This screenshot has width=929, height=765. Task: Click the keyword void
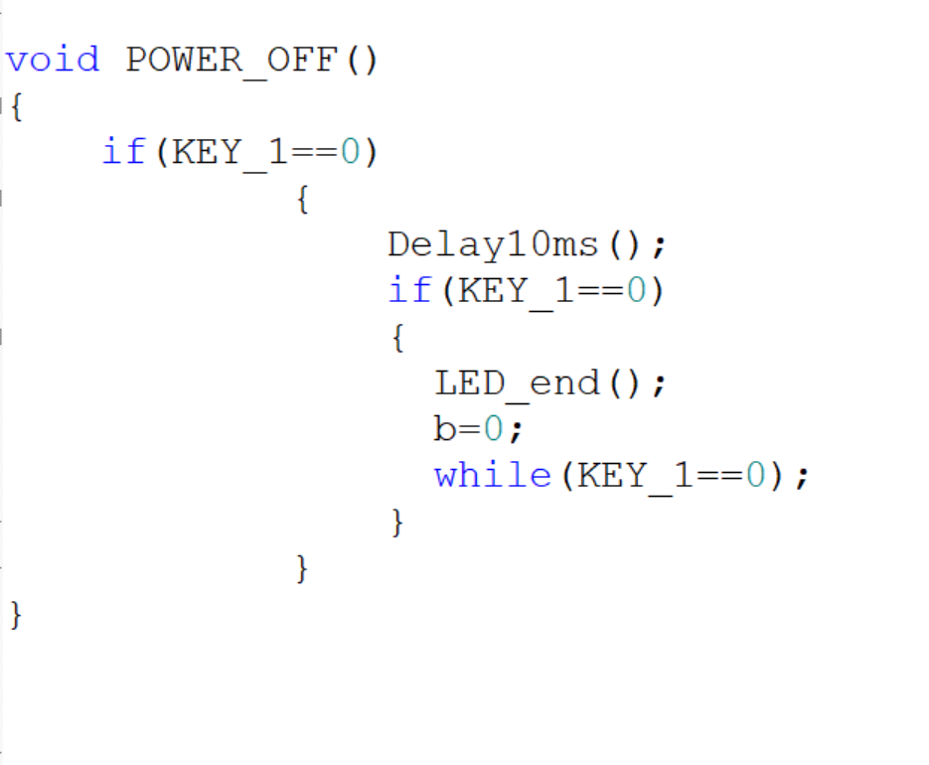[x=53, y=60]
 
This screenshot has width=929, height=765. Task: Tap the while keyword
[x=493, y=475]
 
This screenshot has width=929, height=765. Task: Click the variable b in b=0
[x=444, y=428]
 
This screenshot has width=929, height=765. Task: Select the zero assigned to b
[x=494, y=429]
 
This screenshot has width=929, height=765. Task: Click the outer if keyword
[x=124, y=151]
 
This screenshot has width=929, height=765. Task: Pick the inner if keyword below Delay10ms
[x=410, y=290]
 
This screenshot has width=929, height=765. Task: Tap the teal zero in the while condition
[x=755, y=475]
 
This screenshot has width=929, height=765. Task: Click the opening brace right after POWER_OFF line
[x=17, y=107]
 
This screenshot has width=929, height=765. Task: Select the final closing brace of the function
[x=16, y=615]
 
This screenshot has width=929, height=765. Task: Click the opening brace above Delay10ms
[x=303, y=200]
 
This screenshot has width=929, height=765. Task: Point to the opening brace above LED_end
[x=398, y=339]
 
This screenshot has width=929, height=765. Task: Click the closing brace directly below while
[x=397, y=522]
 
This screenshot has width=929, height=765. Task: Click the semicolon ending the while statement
[x=802, y=478]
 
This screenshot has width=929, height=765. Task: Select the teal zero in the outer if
[x=350, y=151]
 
